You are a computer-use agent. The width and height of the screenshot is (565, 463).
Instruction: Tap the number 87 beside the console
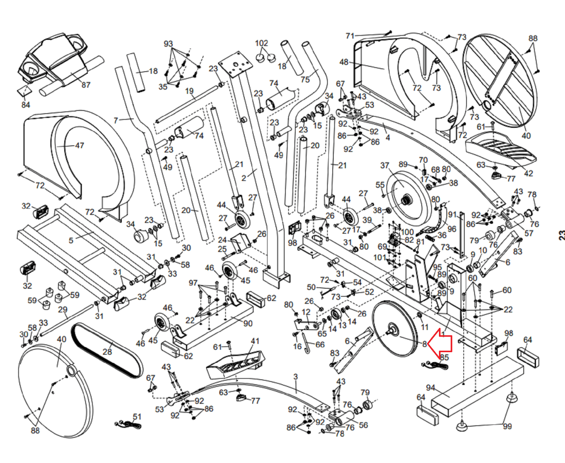tap(86, 85)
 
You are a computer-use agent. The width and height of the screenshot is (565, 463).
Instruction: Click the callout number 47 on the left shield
tap(79, 145)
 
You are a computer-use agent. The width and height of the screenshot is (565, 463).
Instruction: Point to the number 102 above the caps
tap(261, 43)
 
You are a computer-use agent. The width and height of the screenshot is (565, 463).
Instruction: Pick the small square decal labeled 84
tap(24, 91)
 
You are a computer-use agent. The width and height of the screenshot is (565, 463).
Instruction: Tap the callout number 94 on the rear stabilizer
tap(430, 387)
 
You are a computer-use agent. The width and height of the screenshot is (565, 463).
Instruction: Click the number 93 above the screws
tap(168, 44)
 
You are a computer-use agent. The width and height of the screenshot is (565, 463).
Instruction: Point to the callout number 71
tap(350, 36)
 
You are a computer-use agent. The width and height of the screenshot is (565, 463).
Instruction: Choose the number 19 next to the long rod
tap(189, 91)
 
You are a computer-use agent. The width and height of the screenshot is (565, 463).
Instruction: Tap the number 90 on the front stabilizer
tap(248, 323)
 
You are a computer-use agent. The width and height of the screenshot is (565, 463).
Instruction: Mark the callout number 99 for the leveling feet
tap(507, 426)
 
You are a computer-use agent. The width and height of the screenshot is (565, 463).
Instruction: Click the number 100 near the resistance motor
tap(407, 232)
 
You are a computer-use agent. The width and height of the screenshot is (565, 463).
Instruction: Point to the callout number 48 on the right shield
tap(344, 62)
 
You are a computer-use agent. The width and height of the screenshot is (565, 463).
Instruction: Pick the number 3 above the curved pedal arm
tap(296, 377)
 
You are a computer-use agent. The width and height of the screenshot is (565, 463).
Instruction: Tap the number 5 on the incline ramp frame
tap(71, 240)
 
